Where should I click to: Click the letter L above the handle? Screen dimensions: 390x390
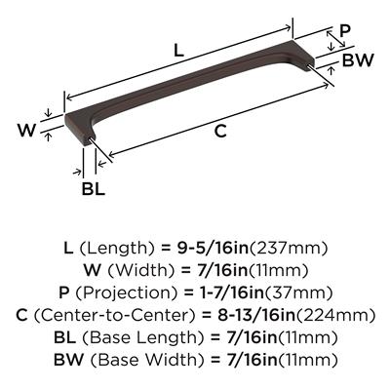(179, 51)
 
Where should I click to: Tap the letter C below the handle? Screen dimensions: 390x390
(220, 132)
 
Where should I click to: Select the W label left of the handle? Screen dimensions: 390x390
(26, 130)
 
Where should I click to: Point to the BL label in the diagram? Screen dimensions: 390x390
(94, 189)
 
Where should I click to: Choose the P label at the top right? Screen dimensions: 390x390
(345, 31)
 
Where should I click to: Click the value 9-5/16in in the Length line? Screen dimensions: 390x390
(213, 249)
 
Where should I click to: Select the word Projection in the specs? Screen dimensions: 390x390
(127, 293)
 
